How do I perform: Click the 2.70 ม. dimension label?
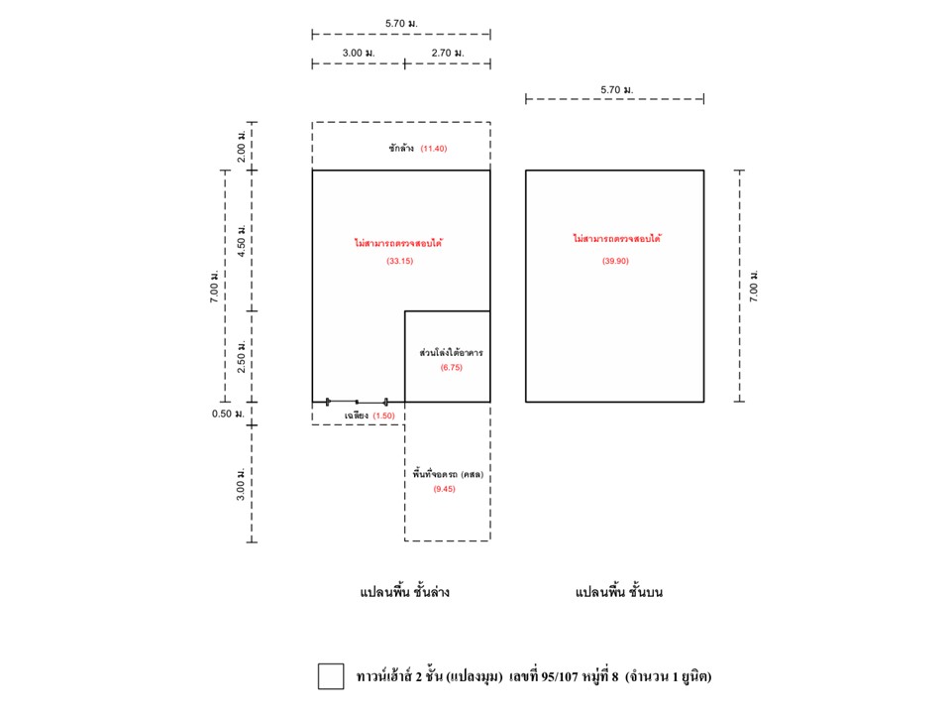(448, 53)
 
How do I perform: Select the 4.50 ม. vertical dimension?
(242, 240)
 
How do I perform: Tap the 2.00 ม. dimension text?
(242, 145)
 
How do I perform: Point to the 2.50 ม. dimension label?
(242, 356)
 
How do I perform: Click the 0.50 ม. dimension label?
(228, 414)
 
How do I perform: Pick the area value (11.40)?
(434, 148)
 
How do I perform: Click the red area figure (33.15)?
(399, 261)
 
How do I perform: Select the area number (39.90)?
(615, 261)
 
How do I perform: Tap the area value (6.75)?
(452, 367)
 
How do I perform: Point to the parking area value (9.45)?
(444, 489)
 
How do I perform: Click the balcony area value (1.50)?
(383, 416)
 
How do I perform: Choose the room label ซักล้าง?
(401, 148)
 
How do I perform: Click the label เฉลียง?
(357, 416)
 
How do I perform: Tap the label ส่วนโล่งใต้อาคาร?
(452, 352)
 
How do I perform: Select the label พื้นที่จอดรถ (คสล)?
(448, 474)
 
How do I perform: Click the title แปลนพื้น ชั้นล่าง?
(404, 592)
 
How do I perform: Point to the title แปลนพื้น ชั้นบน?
(618, 592)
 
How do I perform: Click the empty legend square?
(331, 676)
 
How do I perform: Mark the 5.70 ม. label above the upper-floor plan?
(617, 90)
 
